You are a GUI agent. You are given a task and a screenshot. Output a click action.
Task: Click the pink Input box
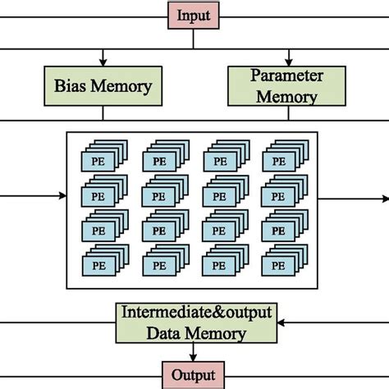(x=195, y=14)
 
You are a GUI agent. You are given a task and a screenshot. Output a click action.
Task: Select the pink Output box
(x=194, y=376)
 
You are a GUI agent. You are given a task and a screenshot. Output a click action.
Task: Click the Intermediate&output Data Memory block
(x=194, y=323)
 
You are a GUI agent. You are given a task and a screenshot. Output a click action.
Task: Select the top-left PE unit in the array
(x=100, y=161)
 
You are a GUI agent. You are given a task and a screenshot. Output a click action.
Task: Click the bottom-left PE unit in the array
(x=100, y=267)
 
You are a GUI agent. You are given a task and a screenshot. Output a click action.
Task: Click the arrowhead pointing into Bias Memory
(x=102, y=62)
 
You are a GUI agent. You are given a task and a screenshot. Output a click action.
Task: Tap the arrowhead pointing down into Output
(x=194, y=358)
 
